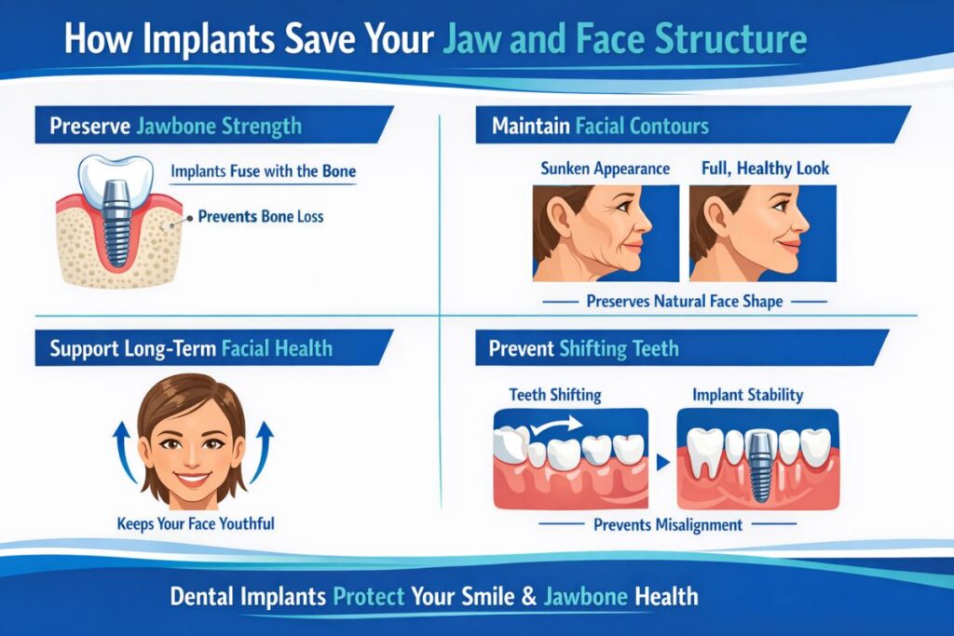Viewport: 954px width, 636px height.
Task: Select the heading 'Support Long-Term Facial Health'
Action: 190,349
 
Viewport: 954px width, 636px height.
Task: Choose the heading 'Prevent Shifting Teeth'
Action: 584,349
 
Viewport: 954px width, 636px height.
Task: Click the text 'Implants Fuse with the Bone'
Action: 263,171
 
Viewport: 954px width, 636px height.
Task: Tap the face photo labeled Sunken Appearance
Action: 605,233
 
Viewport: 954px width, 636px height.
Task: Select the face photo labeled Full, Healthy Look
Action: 762,233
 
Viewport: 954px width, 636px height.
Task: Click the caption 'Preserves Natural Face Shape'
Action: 684,302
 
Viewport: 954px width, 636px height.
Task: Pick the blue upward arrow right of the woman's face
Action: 264,452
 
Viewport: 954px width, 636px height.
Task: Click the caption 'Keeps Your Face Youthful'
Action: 196,523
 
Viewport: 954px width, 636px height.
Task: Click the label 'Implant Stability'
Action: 747,395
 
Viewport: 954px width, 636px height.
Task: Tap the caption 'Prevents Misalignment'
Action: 668,525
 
